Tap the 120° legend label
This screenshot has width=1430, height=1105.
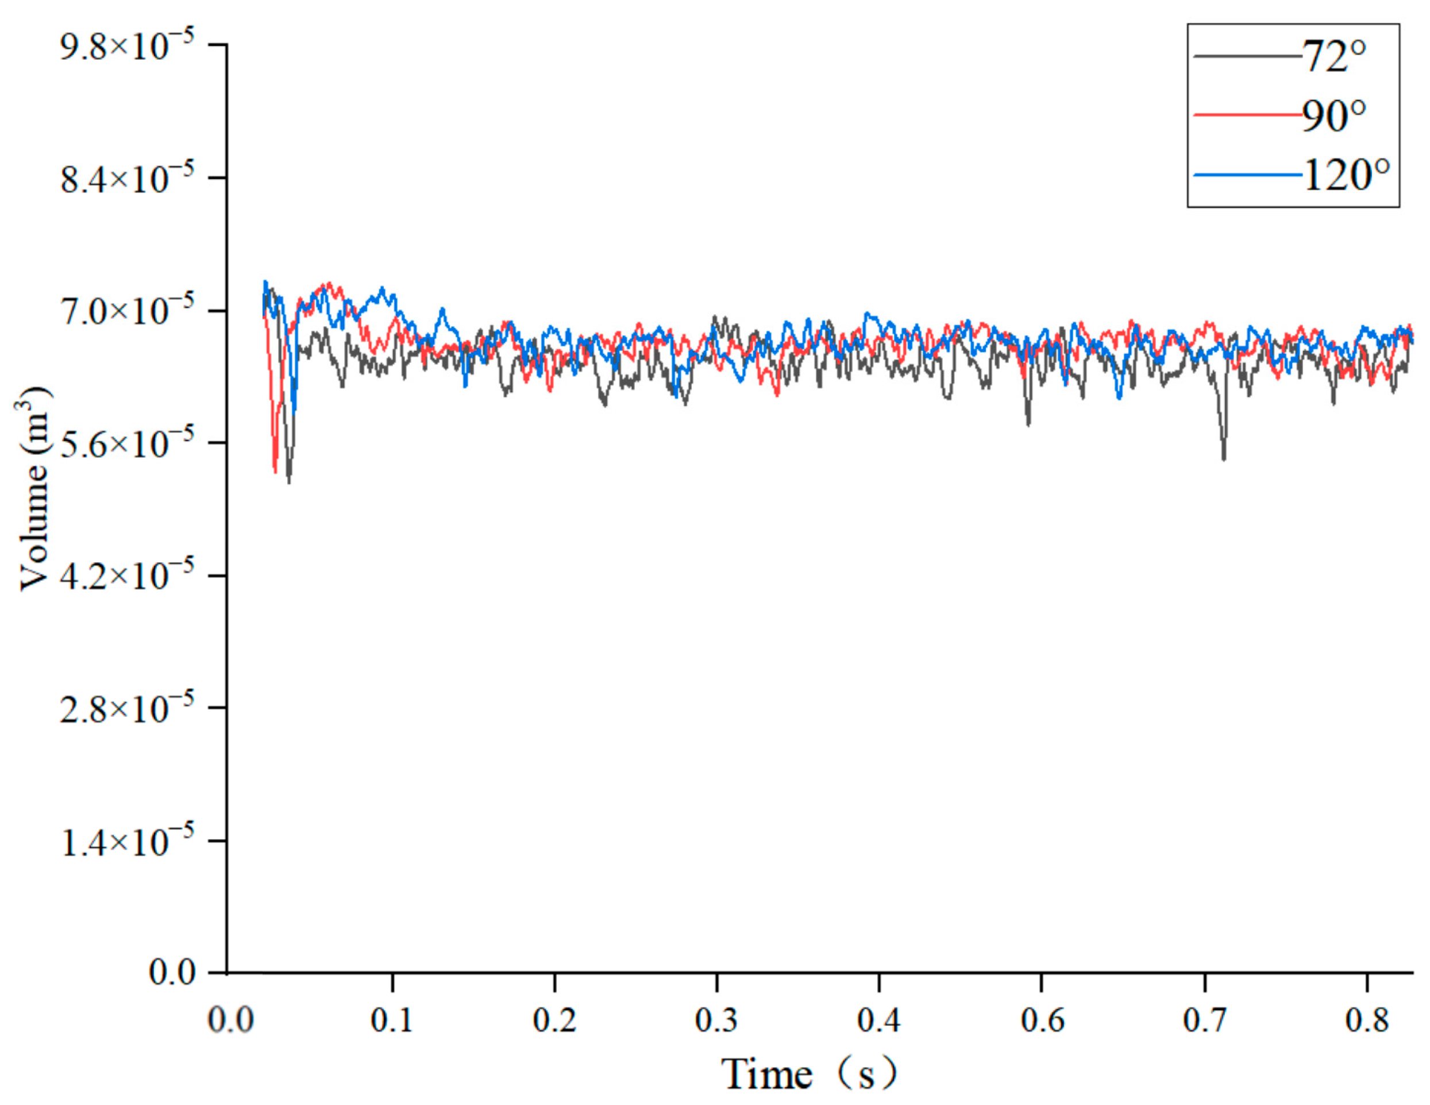coord(1346,175)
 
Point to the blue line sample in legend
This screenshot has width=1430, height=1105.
coord(1246,175)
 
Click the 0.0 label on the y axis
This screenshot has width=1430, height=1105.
coord(172,973)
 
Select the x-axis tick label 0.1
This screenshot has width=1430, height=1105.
coord(392,1021)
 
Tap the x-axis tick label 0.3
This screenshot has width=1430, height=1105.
coord(716,1021)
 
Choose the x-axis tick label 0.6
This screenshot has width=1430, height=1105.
coord(1042,1021)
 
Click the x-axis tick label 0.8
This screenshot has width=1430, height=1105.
coord(1366,1021)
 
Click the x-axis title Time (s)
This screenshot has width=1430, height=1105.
coord(808,1074)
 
